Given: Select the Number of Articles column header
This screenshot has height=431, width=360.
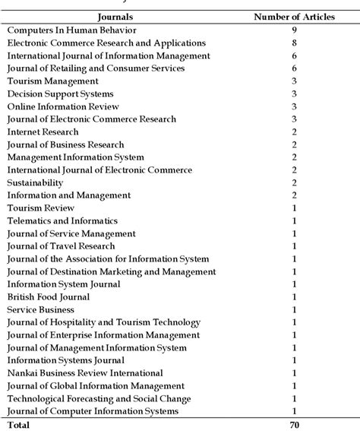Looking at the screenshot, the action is point(294,16).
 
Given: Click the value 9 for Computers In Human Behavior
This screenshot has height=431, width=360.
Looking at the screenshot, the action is point(294,30).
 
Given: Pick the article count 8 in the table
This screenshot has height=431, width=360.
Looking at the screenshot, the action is point(294,43).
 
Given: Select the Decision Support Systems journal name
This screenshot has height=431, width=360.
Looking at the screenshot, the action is point(55,93).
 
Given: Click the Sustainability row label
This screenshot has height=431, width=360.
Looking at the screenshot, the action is point(35,182).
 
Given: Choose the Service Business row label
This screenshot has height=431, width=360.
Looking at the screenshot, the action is point(40,310).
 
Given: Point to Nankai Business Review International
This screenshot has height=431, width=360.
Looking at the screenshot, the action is point(84,373).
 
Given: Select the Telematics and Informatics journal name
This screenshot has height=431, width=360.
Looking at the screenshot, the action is point(62,220).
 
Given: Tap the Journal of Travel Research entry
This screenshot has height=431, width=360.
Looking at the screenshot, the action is point(61,246).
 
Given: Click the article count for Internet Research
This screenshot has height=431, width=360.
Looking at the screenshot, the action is point(294,132).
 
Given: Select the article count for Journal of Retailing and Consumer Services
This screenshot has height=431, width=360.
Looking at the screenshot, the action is point(294,68).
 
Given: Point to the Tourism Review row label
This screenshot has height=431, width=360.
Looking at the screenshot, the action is point(40,208).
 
